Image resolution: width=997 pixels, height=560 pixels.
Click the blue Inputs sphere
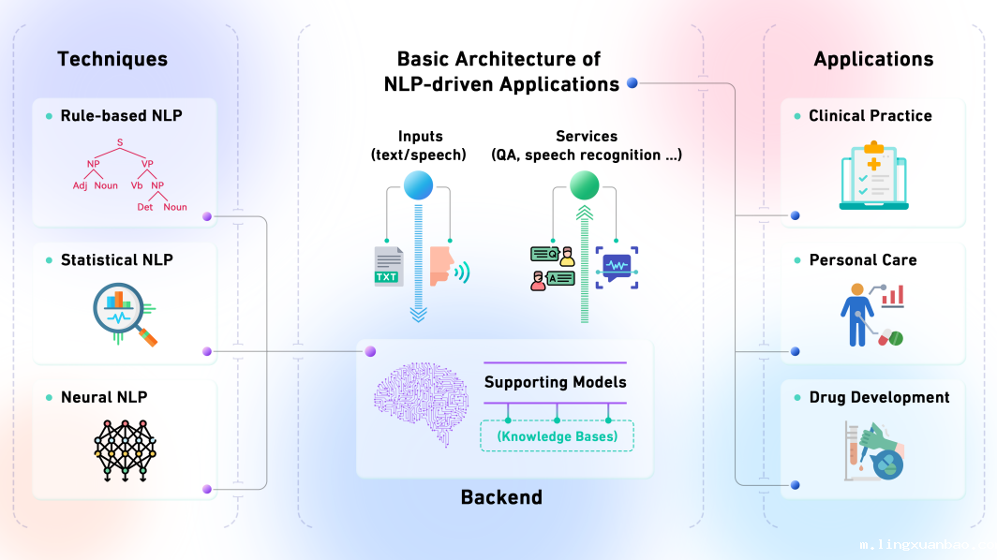pyautogui.click(x=418, y=185)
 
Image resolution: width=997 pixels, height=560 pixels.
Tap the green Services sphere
pyautogui.click(x=585, y=185)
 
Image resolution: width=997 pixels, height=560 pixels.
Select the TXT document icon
pyautogui.click(x=389, y=266)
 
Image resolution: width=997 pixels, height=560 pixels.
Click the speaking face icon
pyautogui.click(x=449, y=267)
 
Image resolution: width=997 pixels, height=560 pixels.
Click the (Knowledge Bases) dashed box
pyautogui.click(x=557, y=436)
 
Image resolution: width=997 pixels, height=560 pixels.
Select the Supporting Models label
pyautogui.click(x=555, y=382)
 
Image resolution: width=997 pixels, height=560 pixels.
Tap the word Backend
pyautogui.click(x=501, y=497)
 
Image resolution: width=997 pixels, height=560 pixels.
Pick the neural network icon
pyautogui.click(x=126, y=450)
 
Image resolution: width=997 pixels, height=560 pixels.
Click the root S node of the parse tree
pyautogui.click(x=120, y=143)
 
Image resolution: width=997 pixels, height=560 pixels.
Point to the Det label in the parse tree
pyautogui.click(x=145, y=207)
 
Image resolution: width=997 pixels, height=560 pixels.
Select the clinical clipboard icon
pyautogui.click(x=873, y=175)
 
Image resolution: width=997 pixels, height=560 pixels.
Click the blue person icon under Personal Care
pyautogui.click(x=856, y=316)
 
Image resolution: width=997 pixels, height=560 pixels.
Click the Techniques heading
pyautogui.click(x=112, y=59)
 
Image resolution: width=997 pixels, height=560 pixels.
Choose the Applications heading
pyautogui.click(x=873, y=59)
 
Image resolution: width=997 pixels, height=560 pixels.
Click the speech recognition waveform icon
pyautogui.click(x=617, y=268)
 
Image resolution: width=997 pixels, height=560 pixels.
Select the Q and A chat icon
pyautogui.click(x=553, y=268)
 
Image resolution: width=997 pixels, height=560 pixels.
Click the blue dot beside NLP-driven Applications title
pyautogui.click(x=632, y=82)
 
